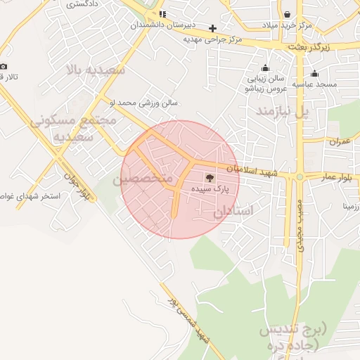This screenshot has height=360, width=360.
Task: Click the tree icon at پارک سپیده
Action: pyautogui.click(x=210, y=178)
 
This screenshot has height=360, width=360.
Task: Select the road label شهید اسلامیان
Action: pyautogui.click(x=254, y=172)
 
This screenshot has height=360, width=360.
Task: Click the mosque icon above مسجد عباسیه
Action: pyautogui.click(x=314, y=73)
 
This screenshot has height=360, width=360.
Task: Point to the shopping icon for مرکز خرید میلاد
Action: pyautogui.click(x=288, y=14)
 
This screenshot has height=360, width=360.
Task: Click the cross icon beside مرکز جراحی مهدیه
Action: pyautogui.click(x=213, y=28)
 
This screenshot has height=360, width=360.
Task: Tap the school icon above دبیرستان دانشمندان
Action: pyautogui.click(x=162, y=14)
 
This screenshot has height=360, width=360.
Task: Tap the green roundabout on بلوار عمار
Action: pyautogui.click(x=300, y=176)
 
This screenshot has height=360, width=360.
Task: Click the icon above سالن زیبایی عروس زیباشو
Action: pyautogui.click(x=264, y=68)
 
